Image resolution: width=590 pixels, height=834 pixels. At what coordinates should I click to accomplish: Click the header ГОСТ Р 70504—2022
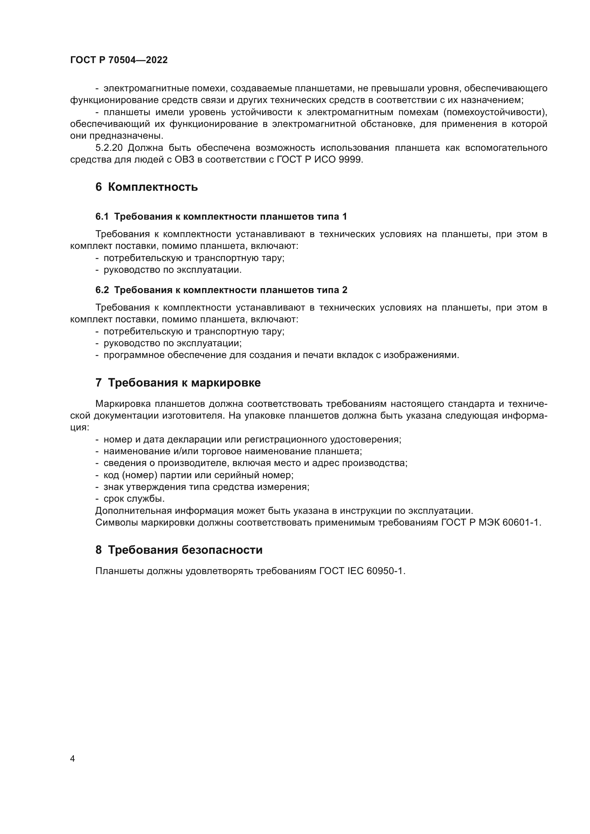(119, 60)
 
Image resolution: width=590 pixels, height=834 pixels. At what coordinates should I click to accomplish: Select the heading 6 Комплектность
(146, 187)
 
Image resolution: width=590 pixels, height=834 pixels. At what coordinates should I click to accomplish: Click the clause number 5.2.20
(110, 148)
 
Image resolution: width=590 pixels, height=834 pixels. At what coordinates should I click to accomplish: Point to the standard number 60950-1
(386, 571)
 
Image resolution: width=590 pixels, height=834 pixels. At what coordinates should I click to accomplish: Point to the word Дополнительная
(133, 511)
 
